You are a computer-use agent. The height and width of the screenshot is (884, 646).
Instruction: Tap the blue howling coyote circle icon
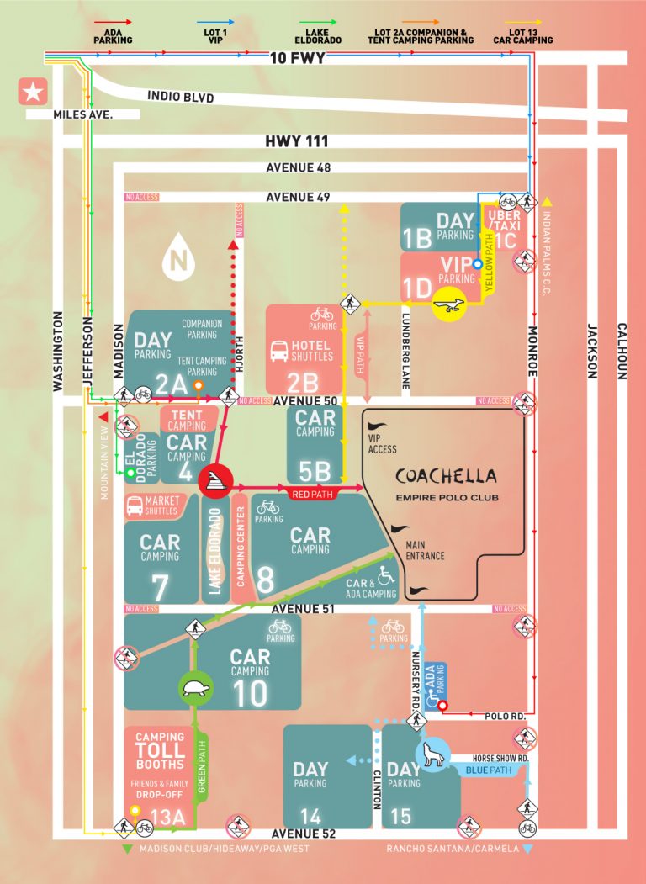tap(434, 756)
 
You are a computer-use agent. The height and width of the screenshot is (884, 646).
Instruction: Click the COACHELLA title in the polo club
tap(447, 476)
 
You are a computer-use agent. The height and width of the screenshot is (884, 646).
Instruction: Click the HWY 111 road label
tap(296, 142)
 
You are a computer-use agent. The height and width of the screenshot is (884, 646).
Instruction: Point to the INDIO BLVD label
tap(180, 98)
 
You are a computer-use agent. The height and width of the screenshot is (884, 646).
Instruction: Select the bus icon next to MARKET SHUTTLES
tap(134, 506)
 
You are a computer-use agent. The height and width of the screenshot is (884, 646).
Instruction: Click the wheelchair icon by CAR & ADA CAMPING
tap(385, 576)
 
